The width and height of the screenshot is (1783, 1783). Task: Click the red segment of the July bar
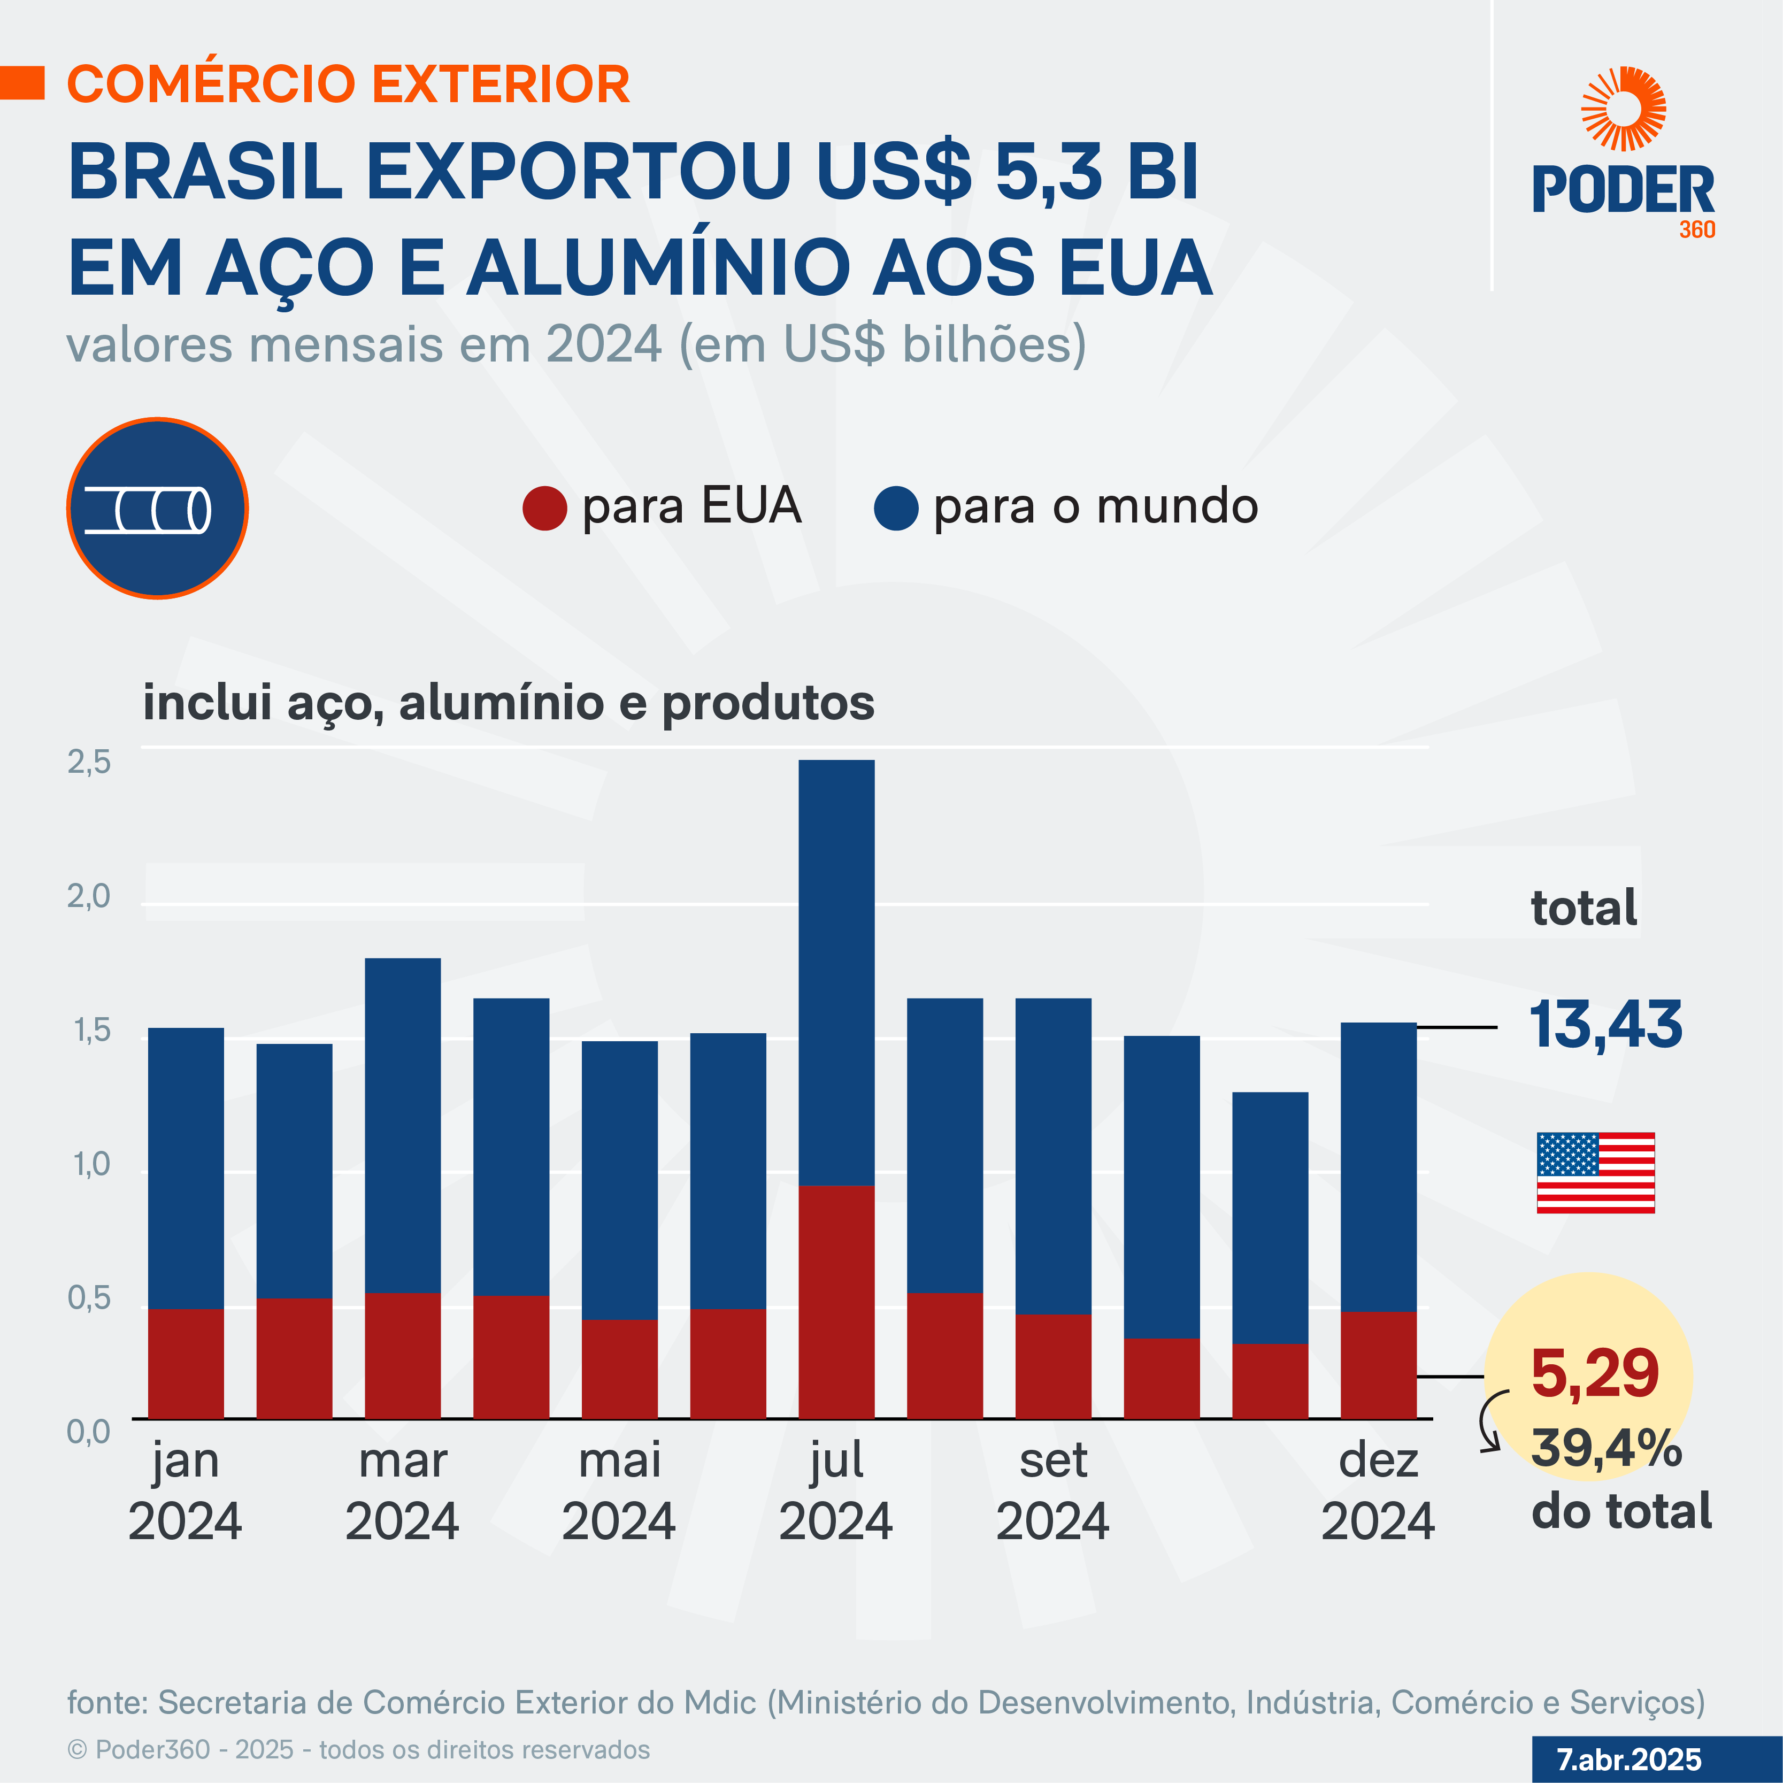click(x=836, y=1301)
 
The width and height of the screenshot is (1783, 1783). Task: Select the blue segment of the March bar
click(x=402, y=1125)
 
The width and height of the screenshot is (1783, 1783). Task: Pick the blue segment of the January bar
click(x=186, y=1167)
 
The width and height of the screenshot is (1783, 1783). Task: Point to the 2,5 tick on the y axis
click(x=89, y=762)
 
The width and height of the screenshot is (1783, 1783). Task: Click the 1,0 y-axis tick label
click(x=90, y=1165)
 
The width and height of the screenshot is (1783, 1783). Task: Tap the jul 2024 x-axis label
click(x=836, y=1490)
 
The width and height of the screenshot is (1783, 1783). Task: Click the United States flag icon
click(x=1595, y=1172)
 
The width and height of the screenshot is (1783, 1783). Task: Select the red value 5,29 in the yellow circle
click(x=1595, y=1373)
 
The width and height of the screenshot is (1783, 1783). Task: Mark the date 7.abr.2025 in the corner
click(x=1629, y=1759)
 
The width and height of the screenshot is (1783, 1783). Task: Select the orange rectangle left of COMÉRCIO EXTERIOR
click(x=22, y=82)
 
